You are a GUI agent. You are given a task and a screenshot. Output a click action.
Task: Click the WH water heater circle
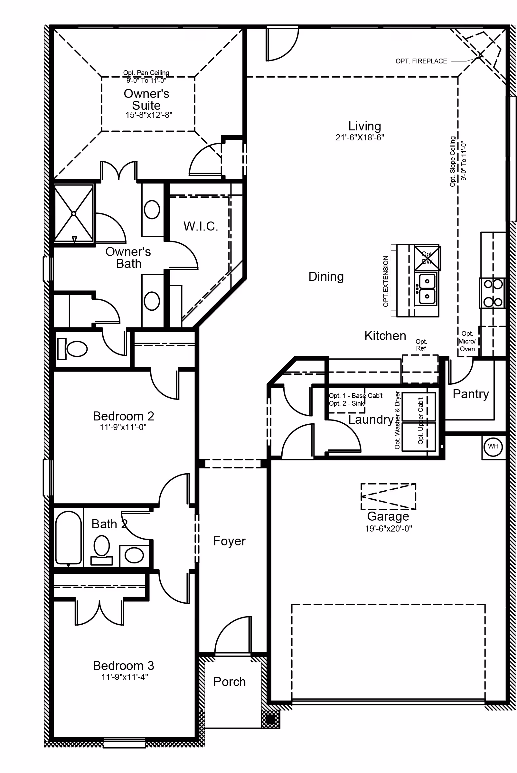pyautogui.click(x=493, y=447)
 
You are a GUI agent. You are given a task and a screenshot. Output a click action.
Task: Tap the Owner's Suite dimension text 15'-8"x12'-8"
pyautogui.click(x=149, y=115)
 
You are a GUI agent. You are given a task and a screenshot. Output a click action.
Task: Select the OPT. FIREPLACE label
pyautogui.click(x=421, y=61)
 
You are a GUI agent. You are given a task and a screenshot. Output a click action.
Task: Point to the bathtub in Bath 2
pyautogui.click(x=68, y=538)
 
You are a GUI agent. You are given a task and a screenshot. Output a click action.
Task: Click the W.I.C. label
pyautogui.click(x=201, y=226)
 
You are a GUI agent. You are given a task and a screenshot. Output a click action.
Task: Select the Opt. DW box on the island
pyautogui.click(x=427, y=258)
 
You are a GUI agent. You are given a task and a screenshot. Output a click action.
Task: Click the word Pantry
pyautogui.click(x=471, y=394)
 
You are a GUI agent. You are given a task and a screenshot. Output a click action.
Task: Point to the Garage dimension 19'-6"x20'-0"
pyautogui.click(x=388, y=529)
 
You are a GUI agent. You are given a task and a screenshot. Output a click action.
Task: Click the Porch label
pyautogui.click(x=230, y=682)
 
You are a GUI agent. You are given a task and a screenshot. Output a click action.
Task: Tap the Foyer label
pyautogui.click(x=229, y=541)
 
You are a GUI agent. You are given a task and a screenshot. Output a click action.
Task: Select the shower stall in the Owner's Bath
pyautogui.click(x=73, y=213)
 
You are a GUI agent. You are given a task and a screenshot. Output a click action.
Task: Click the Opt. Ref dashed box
pyautogui.click(x=420, y=369)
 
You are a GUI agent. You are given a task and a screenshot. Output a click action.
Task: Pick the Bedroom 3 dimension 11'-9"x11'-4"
pyautogui.click(x=124, y=677)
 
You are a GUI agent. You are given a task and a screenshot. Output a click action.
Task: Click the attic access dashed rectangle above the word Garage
pyautogui.click(x=388, y=496)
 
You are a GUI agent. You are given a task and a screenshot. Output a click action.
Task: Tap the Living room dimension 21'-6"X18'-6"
pyautogui.click(x=360, y=137)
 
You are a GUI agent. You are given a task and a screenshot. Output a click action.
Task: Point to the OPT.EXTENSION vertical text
pyautogui.click(x=385, y=281)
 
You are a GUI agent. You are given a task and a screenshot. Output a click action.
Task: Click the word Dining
pyautogui.click(x=326, y=277)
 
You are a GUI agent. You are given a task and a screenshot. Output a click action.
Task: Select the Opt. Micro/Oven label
pyautogui.click(x=467, y=341)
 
